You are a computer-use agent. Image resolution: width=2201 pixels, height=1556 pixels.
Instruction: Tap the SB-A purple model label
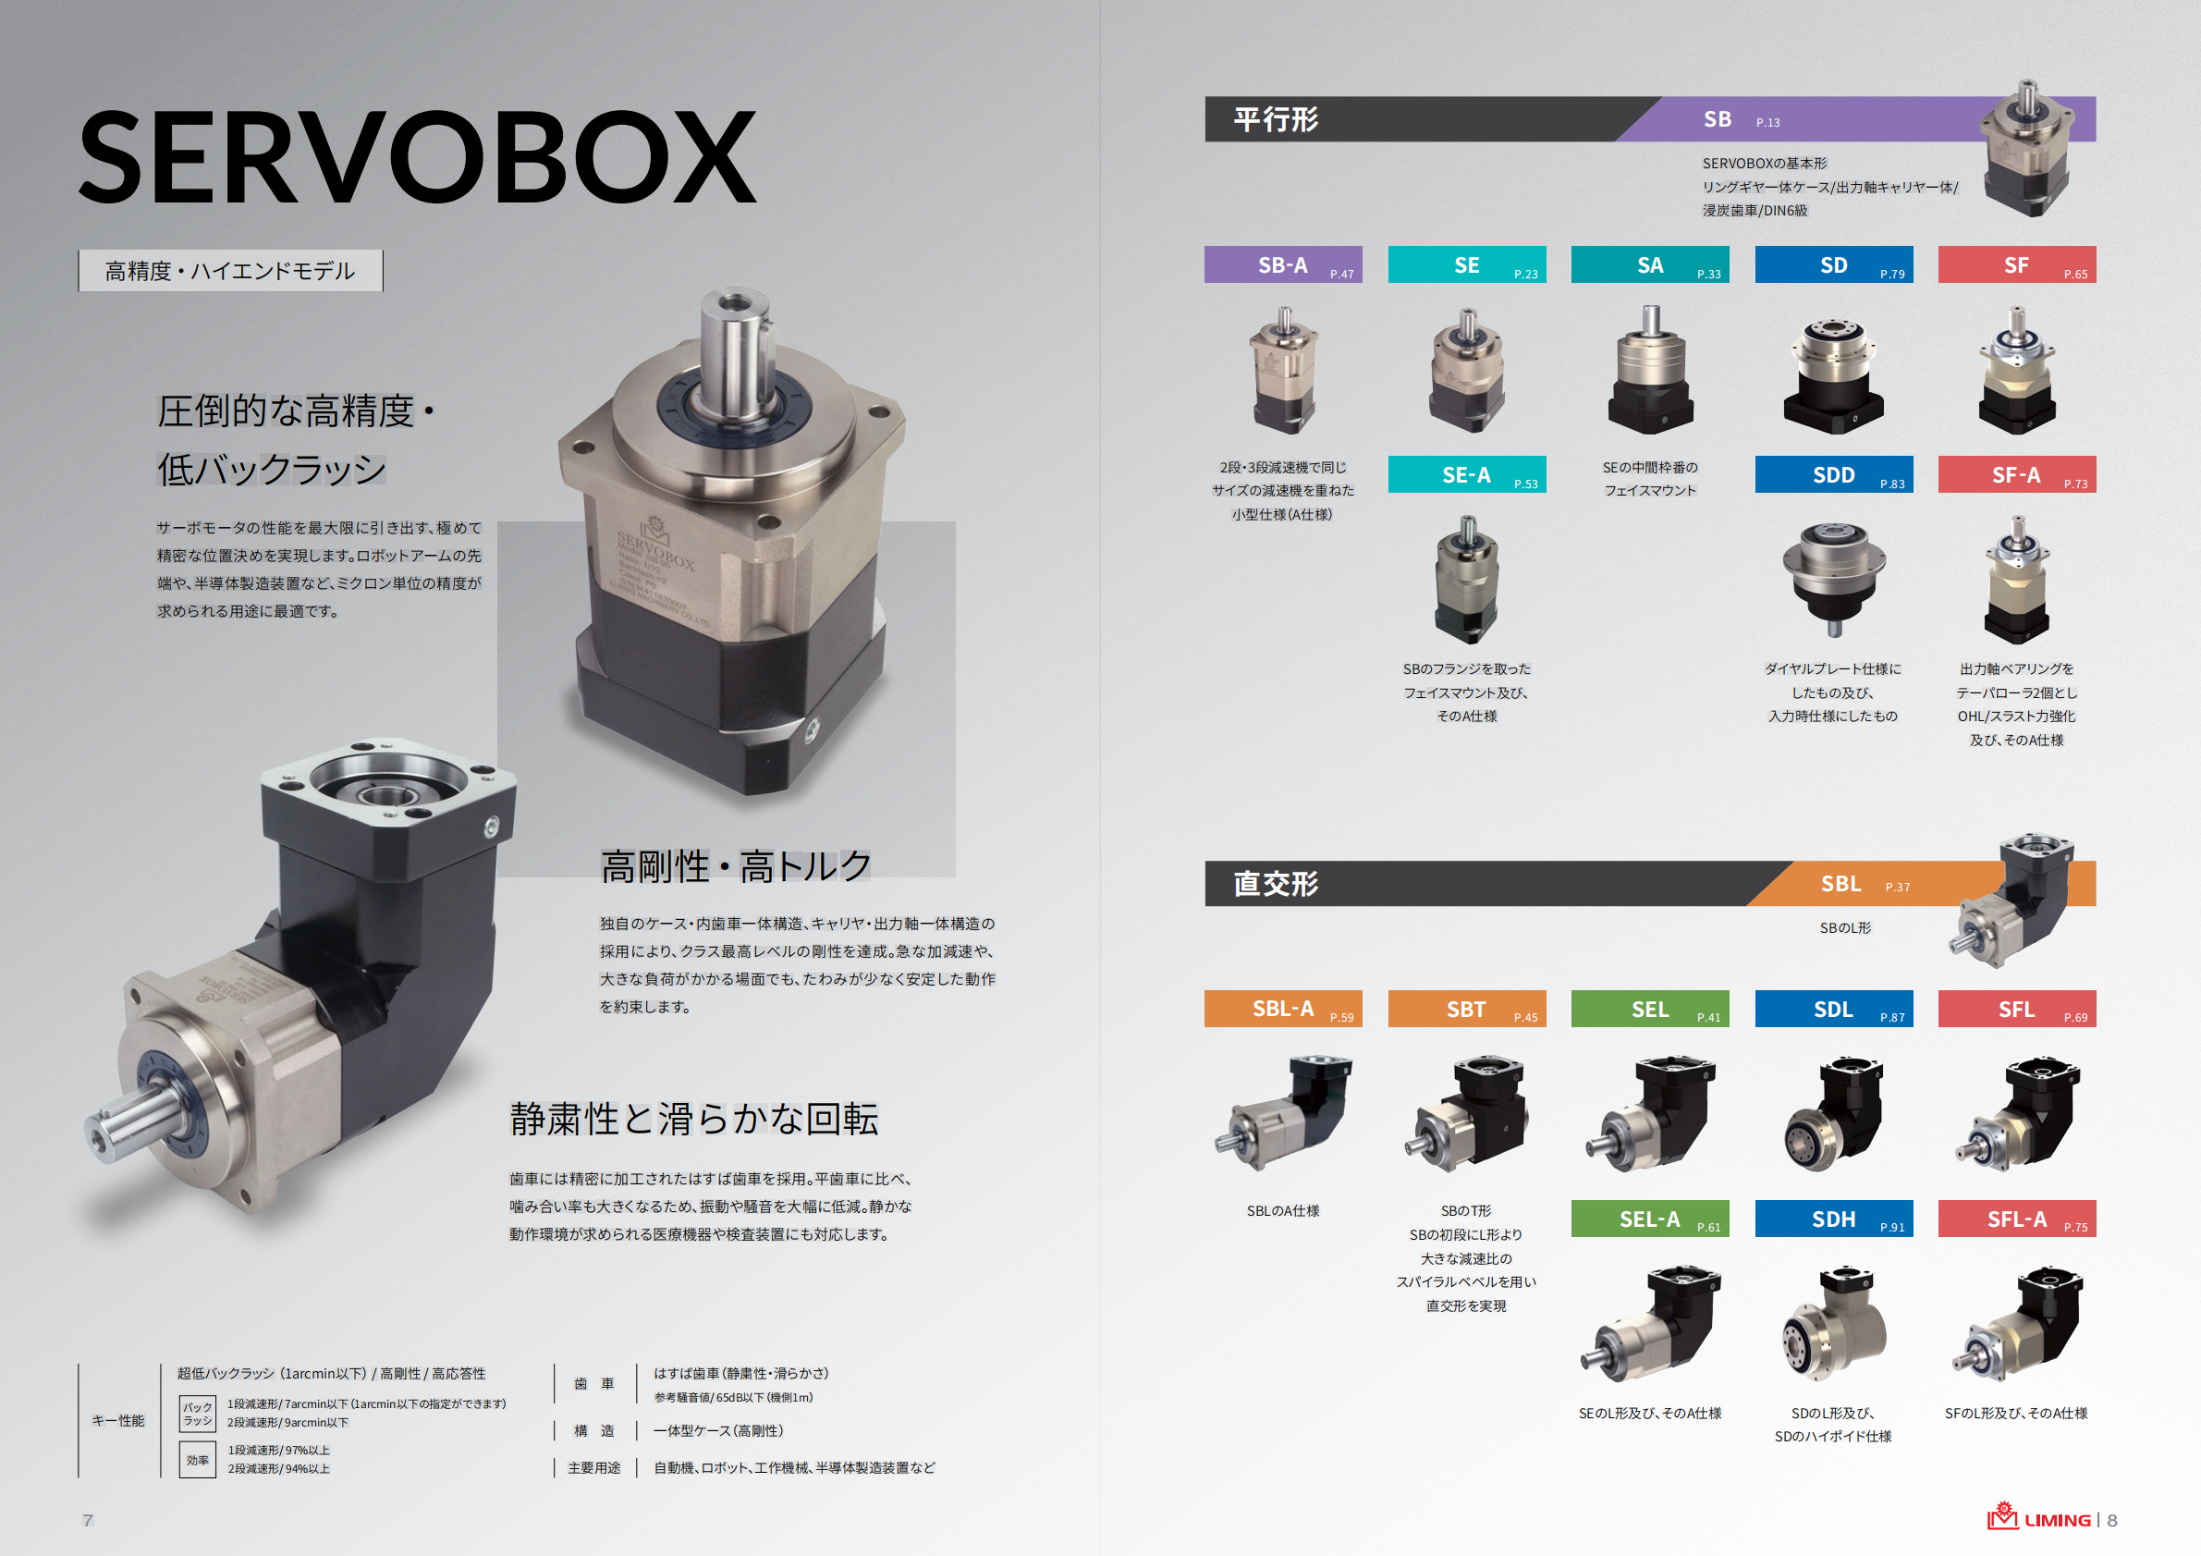1283,264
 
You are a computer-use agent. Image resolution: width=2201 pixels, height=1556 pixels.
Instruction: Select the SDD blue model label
1833,474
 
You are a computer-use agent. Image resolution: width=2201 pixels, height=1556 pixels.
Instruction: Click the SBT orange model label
1466,1009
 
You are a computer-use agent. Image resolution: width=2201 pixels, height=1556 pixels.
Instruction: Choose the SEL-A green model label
1649,1219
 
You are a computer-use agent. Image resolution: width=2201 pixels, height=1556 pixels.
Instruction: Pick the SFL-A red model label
2016,1219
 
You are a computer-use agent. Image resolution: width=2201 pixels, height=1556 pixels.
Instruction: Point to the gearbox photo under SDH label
1833,1323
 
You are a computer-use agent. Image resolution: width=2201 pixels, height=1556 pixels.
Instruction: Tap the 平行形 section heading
1275,120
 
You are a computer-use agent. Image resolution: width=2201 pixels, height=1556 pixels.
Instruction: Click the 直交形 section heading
1275,883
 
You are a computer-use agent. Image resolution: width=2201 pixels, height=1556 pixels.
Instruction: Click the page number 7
88,1520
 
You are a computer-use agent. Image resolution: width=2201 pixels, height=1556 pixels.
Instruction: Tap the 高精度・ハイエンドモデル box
230,271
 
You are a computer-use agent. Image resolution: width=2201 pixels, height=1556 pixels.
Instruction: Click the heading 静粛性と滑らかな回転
693,1119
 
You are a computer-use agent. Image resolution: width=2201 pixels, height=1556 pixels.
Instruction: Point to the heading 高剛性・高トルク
735,865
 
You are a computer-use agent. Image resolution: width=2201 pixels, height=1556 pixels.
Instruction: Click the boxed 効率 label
198,1460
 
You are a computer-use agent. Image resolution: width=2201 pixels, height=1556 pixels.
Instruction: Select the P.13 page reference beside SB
1767,123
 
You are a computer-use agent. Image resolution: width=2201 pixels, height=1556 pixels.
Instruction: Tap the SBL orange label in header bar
1840,884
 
